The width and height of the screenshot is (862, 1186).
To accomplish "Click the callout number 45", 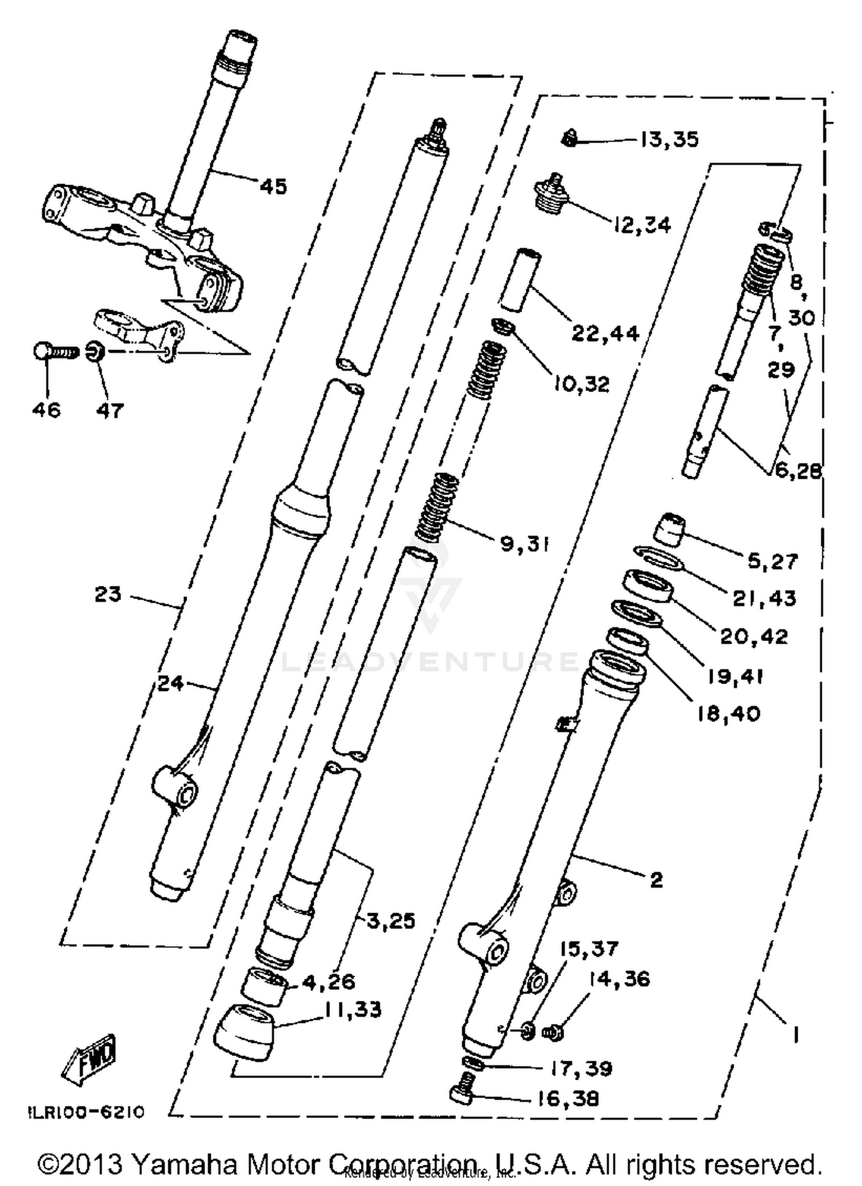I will [273, 187].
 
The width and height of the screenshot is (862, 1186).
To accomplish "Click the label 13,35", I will [669, 140].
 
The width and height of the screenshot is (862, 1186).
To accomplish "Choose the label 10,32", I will [582, 384].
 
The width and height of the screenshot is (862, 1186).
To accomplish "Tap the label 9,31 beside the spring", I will [524, 543].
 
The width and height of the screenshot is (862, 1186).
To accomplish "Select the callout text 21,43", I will [764, 598].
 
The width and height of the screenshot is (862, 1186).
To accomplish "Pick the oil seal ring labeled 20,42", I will [649, 586].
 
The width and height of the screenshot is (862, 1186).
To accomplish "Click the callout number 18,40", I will [729, 714].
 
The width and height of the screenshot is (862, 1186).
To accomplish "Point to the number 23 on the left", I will [108, 594].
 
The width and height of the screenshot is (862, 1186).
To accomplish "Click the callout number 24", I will [171, 684].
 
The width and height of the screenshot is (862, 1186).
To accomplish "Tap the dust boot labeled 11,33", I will [244, 1032].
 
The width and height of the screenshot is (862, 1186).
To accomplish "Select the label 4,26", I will [329, 981].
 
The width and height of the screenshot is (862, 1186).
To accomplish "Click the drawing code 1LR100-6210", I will [86, 1112].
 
